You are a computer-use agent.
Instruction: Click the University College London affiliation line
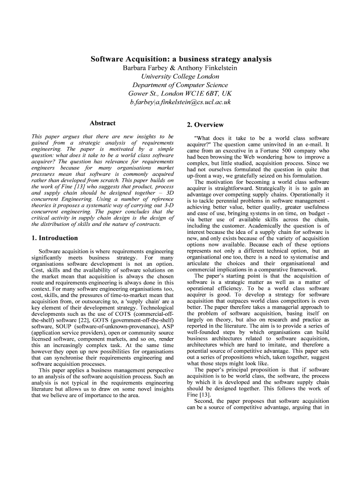tap(180, 77)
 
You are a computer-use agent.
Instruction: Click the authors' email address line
tap(180, 102)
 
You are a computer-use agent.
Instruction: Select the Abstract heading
tap(102, 123)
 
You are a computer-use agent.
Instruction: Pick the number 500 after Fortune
tap(262, 152)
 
